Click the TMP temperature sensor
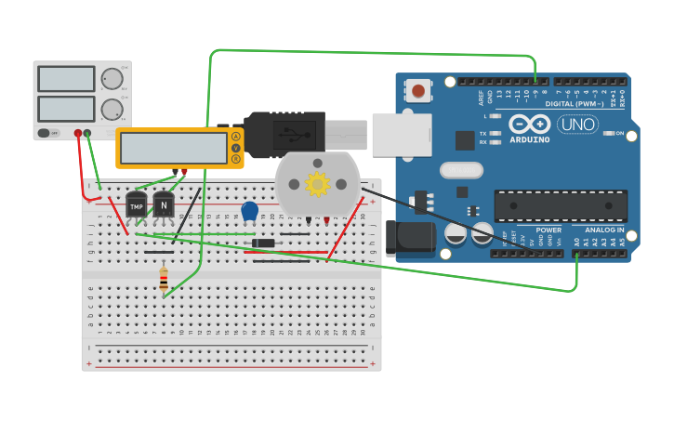(137, 204)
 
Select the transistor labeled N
(164, 204)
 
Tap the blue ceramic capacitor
(249, 211)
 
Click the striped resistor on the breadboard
(164, 279)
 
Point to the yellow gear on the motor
(317, 184)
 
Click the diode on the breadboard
(263, 243)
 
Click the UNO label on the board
(577, 124)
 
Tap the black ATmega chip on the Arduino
(560, 206)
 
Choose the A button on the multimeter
(236, 137)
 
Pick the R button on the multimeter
(236, 159)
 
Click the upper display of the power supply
(66, 79)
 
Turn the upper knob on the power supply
(112, 78)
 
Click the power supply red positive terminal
(78, 133)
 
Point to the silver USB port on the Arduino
(402, 135)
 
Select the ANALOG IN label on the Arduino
(604, 230)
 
